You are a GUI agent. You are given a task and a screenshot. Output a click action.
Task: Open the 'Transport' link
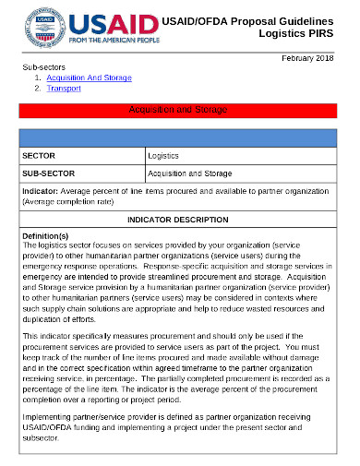(x=64, y=89)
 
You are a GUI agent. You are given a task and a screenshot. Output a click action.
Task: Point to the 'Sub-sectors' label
(x=43, y=68)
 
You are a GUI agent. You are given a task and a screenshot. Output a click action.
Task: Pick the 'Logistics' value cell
(x=163, y=157)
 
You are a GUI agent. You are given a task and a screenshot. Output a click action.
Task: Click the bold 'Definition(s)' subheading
(x=45, y=236)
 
